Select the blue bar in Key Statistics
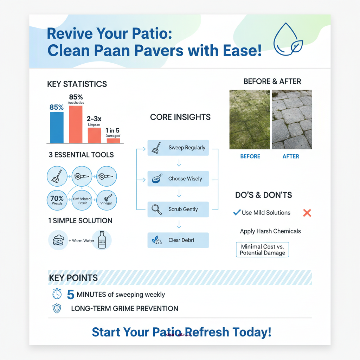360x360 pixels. [x=57, y=127]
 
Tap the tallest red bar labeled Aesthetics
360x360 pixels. [x=76, y=124]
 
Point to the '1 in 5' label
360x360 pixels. [x=112, y=130]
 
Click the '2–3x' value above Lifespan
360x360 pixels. [x=94, y=118]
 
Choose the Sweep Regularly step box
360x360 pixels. [x=178, y=148]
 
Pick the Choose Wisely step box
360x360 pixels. [x=178, y=179]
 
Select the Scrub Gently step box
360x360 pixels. [x=178, y=209]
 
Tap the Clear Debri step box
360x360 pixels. [x=178, y=240]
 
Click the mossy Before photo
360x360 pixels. [x=250, y=120]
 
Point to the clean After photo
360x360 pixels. [x=291, y=120]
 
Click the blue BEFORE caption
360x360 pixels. [x=250, y=156]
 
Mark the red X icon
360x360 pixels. [x=307, y=213]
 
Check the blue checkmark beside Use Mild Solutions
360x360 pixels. [x=237, y=213]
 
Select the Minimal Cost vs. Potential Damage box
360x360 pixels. [x=262, y=250]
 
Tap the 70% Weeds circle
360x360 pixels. [x=57, y=200]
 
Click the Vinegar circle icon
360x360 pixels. [x=106, y=200]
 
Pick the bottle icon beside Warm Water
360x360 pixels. [x=102, y=240]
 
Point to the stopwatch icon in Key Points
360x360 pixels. [x=57, y=294]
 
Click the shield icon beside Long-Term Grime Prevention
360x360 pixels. [x=57, y=309]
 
